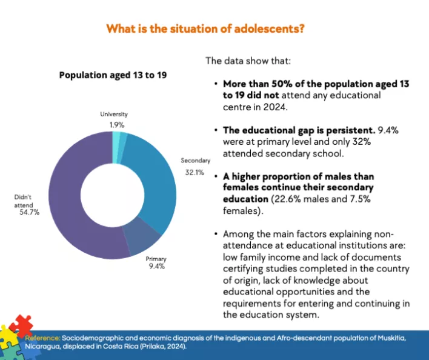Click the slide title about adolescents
(205, 28)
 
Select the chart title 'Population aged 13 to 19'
(113, 75)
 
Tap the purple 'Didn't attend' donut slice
(67, 200)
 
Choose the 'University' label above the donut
(115, 115)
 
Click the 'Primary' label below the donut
(156, 259)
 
